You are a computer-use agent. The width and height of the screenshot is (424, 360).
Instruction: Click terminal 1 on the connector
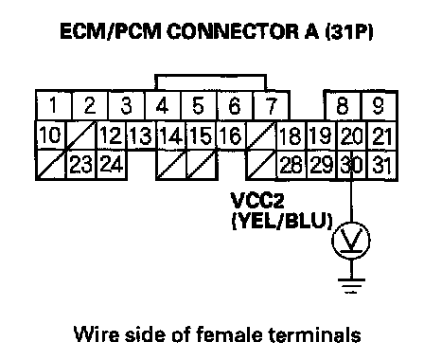click(x=54, y=105)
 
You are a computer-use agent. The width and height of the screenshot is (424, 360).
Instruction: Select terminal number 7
click(x=271, y=105)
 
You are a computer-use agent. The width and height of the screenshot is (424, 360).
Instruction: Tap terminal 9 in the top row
click(x=379, y=105)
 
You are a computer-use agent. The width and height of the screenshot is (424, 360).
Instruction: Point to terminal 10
click(x=51, y=135)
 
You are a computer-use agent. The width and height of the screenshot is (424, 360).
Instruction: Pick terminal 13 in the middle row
click(x=141, y=135)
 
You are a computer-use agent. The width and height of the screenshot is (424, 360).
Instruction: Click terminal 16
click(x=232, y=135)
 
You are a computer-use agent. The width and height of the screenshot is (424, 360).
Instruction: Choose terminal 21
click(x=382, y=135)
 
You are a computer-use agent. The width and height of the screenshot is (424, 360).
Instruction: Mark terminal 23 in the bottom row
click(x=81, y=165)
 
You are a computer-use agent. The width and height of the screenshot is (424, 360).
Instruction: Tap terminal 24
click(x=112, y=165)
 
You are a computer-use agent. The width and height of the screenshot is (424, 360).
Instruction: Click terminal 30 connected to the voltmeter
click(x=352, y=165)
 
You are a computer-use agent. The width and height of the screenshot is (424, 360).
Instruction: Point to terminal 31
click(x=382, y=165)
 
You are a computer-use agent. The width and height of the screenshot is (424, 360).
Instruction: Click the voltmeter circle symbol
click(x=351, y=241)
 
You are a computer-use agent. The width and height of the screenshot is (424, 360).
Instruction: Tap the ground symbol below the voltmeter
click(x=351, y=286)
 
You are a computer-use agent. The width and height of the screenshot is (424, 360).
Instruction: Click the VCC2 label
click(x=257, y=201)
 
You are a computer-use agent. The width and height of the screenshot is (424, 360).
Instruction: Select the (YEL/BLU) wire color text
click(x=282, y=221)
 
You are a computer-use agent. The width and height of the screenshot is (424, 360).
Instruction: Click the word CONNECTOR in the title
click(x=233, y=32)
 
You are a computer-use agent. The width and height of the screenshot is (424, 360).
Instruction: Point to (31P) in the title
click(x=349, y=32)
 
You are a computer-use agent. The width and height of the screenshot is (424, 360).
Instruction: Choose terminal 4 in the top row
click(x=163, y=105)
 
